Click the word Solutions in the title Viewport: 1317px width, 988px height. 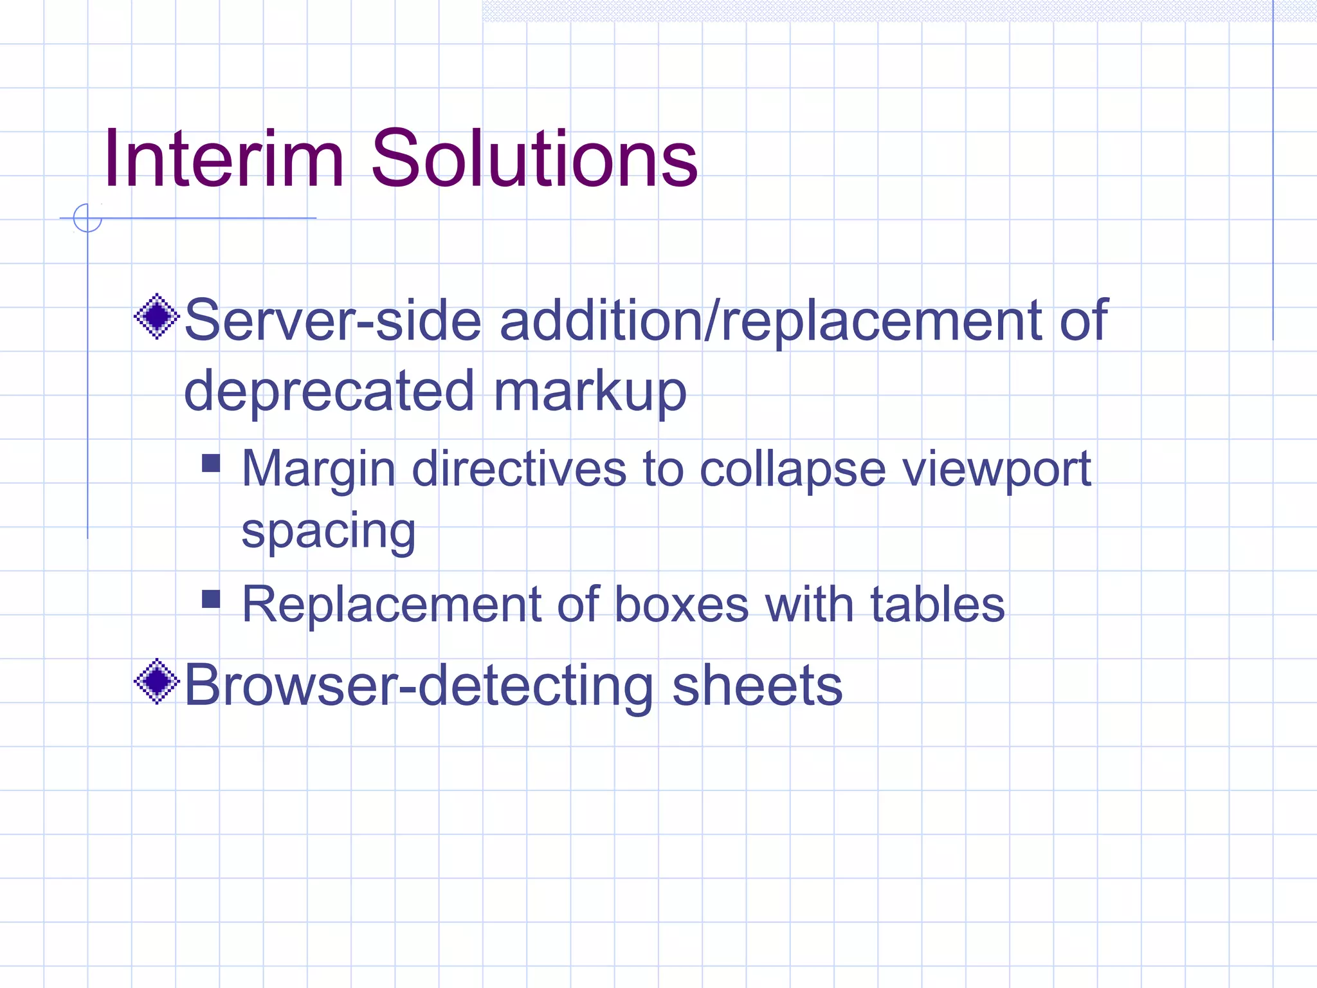click(534, 159)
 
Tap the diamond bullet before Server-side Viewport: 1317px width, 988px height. click(156, 316)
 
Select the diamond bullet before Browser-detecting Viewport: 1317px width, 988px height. click(156, 681)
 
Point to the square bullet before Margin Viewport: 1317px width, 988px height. click(211, 463)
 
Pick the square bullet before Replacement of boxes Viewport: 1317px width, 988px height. click(211, 599)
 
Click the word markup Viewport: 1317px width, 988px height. click(590, 392)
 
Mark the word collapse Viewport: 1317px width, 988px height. click(792, 470)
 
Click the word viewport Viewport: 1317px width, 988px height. click(996, 470)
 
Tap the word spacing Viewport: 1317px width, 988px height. click(329, 533)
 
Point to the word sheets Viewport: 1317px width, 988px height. click(757, 686)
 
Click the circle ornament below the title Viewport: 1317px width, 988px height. click(87, 218)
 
